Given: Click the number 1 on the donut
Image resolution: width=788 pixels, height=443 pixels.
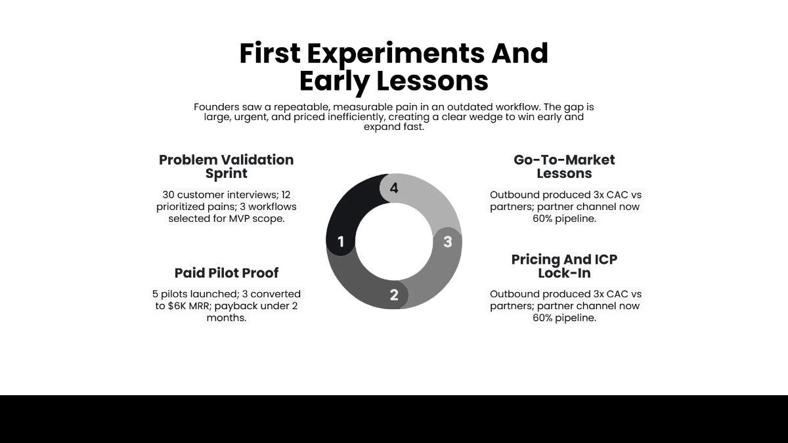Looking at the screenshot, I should point(341,242).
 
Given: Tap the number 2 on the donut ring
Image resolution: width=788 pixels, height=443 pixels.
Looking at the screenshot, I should point(394,295).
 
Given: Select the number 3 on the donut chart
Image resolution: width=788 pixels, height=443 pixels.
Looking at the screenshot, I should point(447,242).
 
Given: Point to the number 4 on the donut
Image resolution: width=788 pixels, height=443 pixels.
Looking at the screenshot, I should point(394,188).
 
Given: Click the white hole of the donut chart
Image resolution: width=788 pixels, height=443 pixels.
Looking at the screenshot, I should point(394,242).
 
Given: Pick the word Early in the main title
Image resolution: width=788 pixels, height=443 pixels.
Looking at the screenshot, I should point(335,81).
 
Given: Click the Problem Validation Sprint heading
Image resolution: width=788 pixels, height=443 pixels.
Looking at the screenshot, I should point(226,167).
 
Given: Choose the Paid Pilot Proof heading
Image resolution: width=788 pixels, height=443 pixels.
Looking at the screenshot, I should point(226,273).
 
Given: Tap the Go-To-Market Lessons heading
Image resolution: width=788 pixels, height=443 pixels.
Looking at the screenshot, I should point(564,167).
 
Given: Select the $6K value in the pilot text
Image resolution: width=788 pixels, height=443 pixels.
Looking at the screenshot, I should point(188,306).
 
